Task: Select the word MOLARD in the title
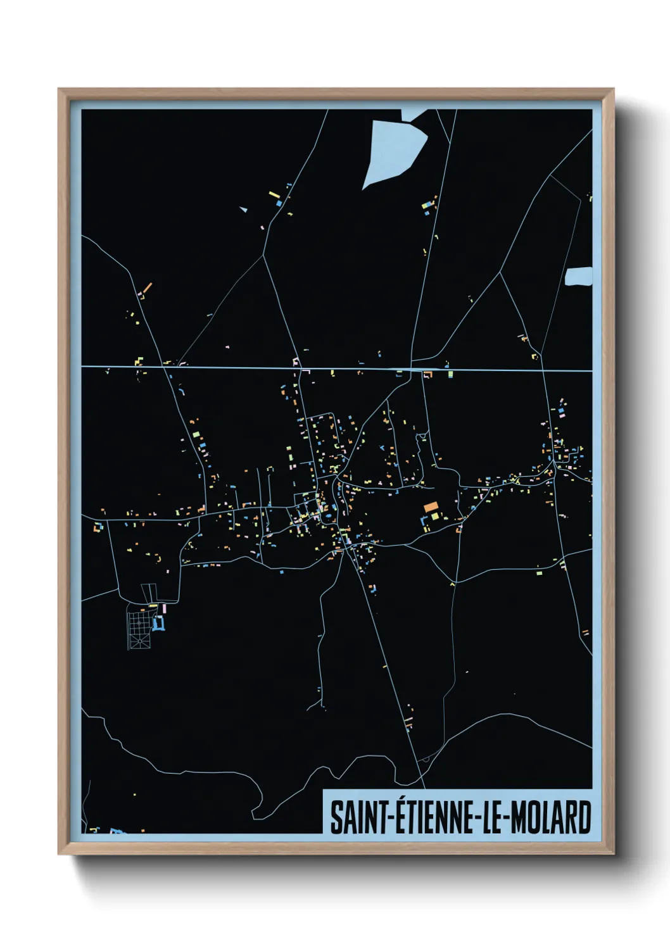550,818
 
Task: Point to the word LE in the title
493,818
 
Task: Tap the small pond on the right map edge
579,277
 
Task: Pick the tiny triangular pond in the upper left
243,209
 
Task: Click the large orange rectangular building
431,506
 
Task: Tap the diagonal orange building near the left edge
147,288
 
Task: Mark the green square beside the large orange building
435,517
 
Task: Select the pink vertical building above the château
164,608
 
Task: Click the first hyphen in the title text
391,818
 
